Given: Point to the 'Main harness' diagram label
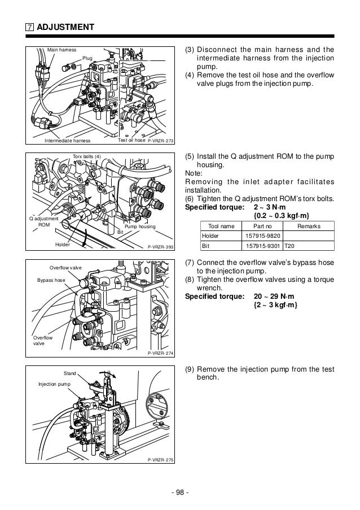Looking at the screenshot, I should click(62, 50).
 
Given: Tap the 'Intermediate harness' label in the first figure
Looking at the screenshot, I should click(68, 141).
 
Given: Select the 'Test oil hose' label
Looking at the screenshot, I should click(131, 140).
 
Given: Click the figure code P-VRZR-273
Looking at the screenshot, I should click(161, 141).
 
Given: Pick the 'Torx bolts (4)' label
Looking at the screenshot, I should click(87, 156).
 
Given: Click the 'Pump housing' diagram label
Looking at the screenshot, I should click(139, 226).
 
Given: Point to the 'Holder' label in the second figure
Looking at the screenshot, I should click(63, 245).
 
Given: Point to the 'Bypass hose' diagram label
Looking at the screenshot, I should click(52, 280).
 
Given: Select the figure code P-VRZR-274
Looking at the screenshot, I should click(160, 353).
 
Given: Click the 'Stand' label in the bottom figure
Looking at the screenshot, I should click(70, 373).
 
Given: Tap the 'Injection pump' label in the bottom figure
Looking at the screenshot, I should click(54, 384).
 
